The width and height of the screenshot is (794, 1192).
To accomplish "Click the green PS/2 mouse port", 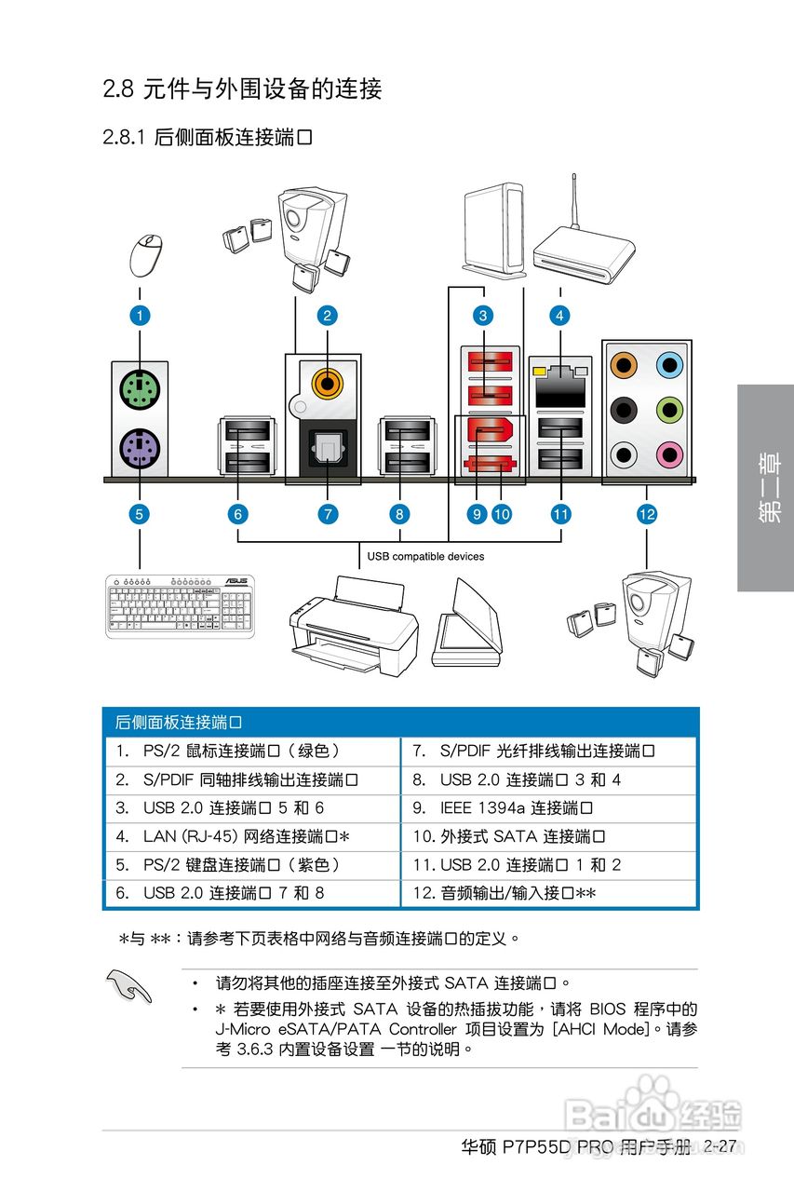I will (140, 390).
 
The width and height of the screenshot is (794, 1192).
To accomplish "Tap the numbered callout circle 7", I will (327, 513).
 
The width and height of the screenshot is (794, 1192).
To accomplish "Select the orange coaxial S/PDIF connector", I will (326, 380).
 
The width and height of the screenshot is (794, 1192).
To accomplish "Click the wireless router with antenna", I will (585, 244).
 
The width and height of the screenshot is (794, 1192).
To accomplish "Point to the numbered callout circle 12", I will (647, 513).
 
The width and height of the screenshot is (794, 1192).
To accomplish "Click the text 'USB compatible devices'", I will (425, 557).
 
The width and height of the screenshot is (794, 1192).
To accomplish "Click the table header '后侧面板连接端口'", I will (179, 723).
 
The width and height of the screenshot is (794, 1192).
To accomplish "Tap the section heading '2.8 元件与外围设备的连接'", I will (242, 89).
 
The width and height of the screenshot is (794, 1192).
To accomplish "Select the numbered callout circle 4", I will (559, 316).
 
